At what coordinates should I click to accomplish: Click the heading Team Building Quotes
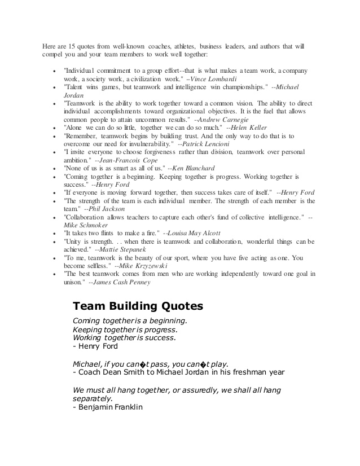[x=138, y=306]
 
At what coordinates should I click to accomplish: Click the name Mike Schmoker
[x=85, y=225]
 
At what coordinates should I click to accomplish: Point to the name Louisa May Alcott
[x=195, y=232]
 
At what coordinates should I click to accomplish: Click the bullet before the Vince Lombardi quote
[x=52, y=72]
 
